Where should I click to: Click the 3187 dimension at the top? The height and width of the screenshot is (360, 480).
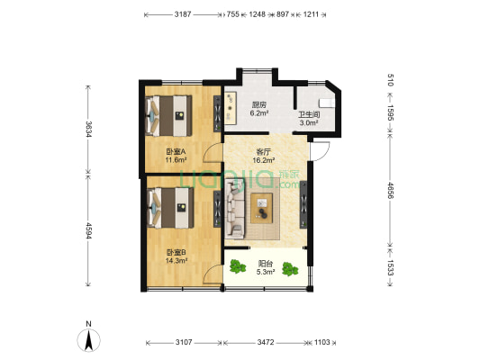pos(183,14)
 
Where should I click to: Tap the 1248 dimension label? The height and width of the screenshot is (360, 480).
pos(257,14)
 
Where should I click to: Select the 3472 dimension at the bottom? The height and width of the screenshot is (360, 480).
pos(266,342)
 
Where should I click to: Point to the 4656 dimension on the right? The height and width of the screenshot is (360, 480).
pos(391,190)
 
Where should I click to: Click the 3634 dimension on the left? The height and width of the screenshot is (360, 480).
pos(88,129)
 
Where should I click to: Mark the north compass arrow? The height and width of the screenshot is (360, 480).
pos(89,340)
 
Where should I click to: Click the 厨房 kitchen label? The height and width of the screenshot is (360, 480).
pos(259,105)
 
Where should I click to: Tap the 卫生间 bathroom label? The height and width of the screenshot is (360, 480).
pos(309,115)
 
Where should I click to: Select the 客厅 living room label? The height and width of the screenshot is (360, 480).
pos(263,152)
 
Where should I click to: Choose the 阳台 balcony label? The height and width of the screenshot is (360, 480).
pos(266,264)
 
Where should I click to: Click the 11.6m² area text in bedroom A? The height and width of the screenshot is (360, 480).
pos(176,159)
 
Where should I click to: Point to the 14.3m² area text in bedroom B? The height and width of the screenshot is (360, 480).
pos(177,261)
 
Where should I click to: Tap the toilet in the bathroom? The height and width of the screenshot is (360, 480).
pos(327,103)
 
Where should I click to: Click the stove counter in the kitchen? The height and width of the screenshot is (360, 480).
pos(231,108)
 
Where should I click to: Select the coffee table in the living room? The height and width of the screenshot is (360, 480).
pos(262,208)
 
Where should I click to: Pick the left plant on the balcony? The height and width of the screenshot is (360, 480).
pos(238,266)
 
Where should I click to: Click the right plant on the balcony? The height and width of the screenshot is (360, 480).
pos(290,269)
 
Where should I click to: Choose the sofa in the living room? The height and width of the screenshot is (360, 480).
pos(235,209)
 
